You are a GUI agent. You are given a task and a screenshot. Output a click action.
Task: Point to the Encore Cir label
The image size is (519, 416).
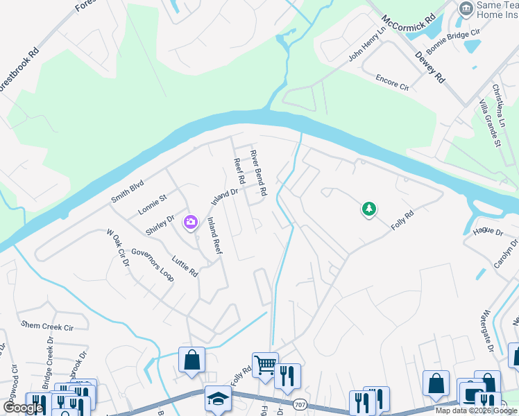[x=392, y=83]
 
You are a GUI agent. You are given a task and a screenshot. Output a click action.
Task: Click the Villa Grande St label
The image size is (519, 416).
[x=489, y=123]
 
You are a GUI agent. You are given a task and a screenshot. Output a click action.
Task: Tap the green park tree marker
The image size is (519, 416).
[x=369, y=209]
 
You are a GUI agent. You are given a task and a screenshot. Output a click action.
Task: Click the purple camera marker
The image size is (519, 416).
[x=190, y=223]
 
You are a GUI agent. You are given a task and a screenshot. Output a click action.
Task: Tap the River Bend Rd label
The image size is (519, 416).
[x=258, y=173]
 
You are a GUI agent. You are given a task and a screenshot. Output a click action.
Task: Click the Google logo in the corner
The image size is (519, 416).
[x=22, y=408]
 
